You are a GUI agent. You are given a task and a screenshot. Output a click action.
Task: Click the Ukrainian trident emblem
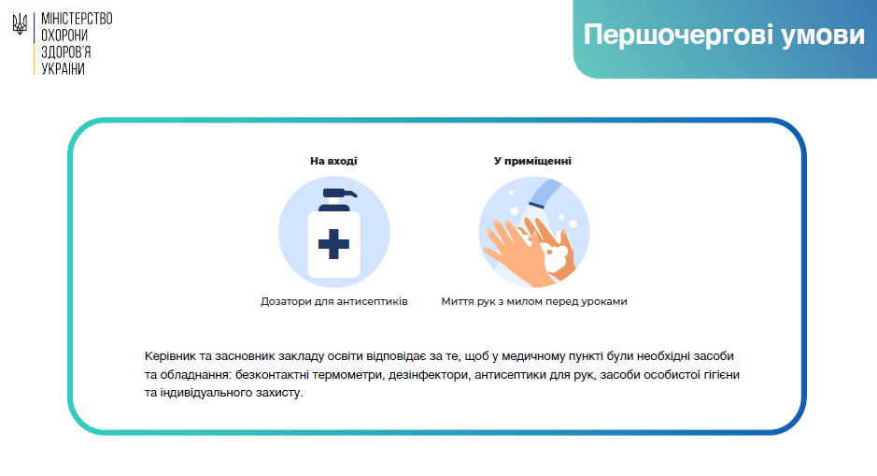click(20, 24)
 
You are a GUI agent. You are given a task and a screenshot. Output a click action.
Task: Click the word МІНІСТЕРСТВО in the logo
click(77, 19)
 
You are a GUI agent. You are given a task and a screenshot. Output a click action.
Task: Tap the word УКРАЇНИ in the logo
click(63, 69)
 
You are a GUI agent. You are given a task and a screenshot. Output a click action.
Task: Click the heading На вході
click(333, 161)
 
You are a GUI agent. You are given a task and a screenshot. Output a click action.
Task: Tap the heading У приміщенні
click(532, 161)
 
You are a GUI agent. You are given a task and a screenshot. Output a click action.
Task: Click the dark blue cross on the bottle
click(334, 244)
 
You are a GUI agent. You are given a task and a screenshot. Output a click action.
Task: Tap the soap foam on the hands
click(557, 256)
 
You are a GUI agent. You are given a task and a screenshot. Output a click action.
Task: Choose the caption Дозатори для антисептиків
click(334, 301)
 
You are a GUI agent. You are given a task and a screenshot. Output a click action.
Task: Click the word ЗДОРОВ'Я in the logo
click(66, 52)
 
